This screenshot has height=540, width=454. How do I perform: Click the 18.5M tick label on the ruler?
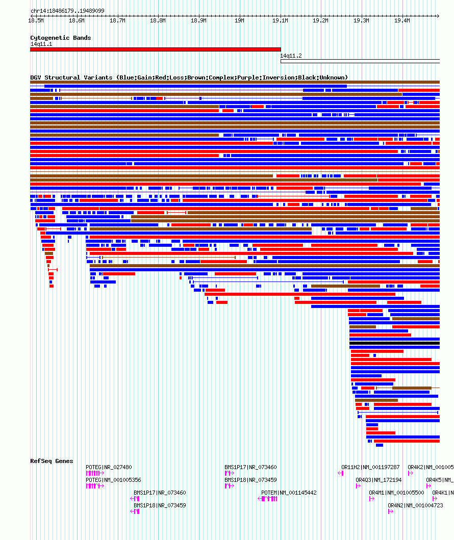[36, 20]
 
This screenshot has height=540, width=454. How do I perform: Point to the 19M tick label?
[239, 20]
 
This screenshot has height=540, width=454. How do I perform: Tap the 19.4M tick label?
[402, 20]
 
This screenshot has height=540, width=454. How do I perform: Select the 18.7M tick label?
[117, 20]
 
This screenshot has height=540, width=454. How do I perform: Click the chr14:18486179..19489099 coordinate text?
[67, 11]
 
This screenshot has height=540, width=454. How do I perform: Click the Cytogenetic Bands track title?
[60, 38]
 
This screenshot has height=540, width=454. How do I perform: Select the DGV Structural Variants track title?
[189, 78]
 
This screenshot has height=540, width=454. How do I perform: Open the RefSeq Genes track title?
[52, 461]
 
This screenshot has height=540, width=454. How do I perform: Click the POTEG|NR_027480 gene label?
[109, 467]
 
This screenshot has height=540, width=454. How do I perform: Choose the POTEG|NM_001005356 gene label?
[113, 480]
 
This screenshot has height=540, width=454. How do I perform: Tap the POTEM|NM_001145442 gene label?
[289, 493]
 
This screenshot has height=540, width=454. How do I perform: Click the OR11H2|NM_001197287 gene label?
[370, 467]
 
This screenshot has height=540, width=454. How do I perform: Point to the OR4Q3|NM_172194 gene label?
[379, 480]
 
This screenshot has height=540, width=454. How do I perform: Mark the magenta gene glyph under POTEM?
[268, 499]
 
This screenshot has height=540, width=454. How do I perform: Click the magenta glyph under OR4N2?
[390, 511]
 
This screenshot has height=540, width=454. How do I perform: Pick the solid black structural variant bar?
[394, 343]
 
